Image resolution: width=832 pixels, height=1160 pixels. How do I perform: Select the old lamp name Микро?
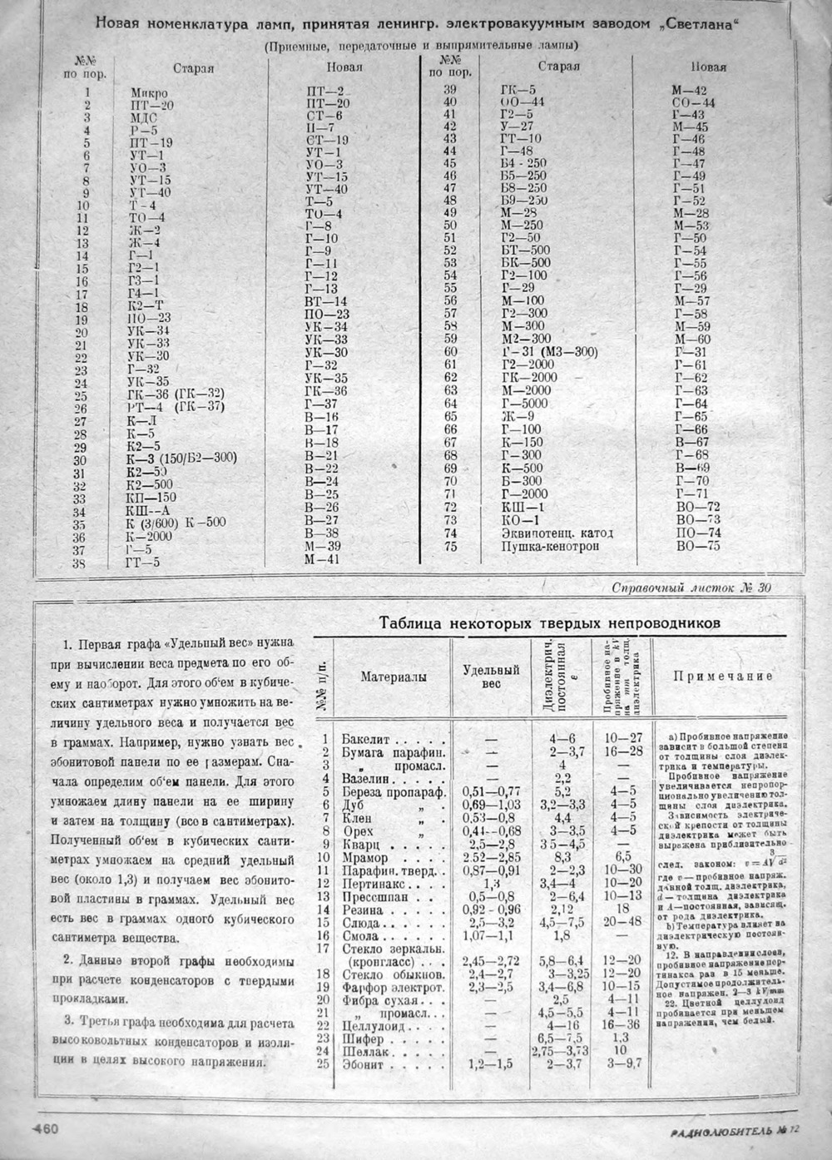point(150,92)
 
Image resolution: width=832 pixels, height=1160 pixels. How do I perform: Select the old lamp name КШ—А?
point(148,511)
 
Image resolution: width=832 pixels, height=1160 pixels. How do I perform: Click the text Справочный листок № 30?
point(691,587)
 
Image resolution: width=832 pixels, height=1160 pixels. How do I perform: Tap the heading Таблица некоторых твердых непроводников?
point(549,622)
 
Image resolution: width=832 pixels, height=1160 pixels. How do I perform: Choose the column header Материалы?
point(394,677)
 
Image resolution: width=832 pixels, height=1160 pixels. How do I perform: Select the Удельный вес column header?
point(491,677)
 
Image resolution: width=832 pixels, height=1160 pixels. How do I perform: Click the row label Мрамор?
point(364,857)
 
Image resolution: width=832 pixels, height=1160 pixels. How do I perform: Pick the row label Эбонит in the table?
point(363,1063)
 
